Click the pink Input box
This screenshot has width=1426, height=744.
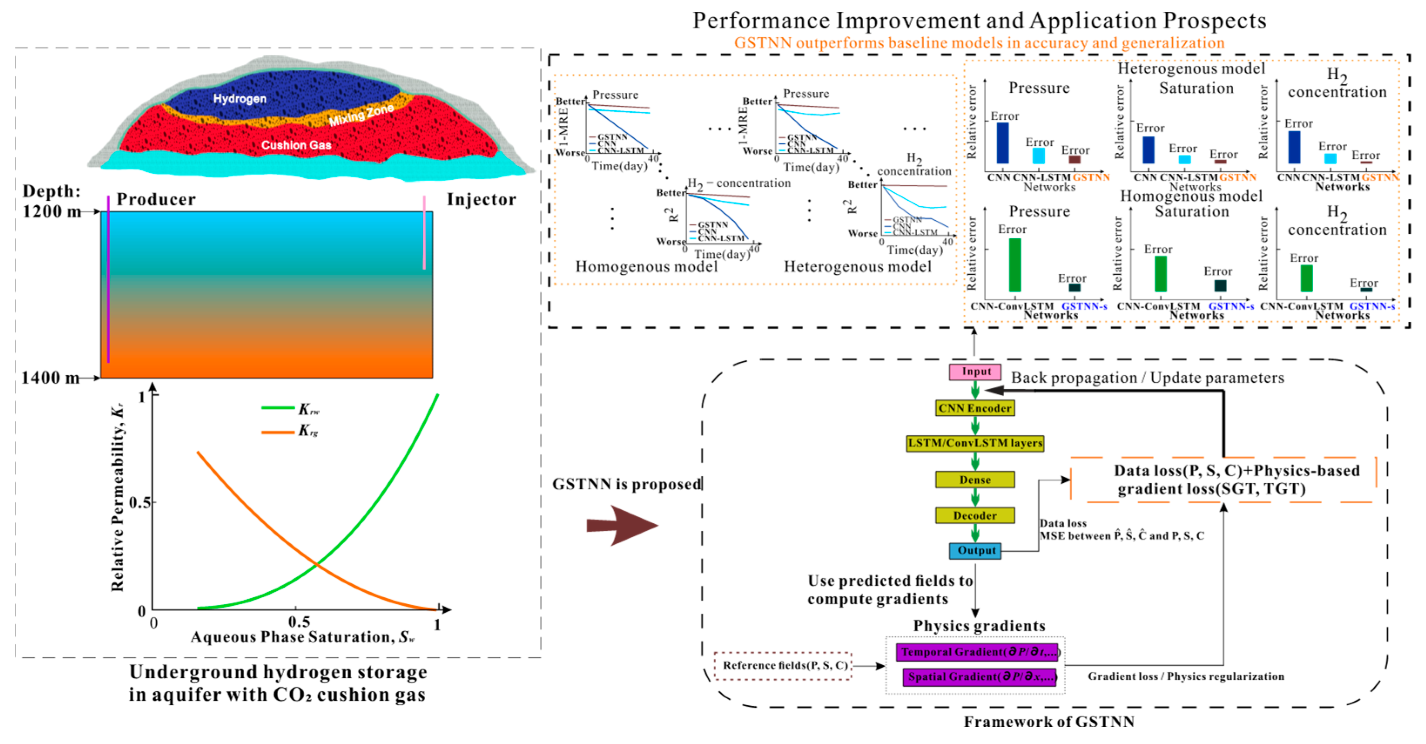pyautogui.click(x=975, y=371)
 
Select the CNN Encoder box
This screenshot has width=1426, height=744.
pyautogui.click(x=975, y=408)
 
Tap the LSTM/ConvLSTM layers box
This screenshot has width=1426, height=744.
pyautogui.click(x=975, y=444)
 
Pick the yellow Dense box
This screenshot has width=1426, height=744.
pyautogui.click(x=975, y=479)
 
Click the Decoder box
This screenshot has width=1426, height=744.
pyautogui.click(x=975, y=515)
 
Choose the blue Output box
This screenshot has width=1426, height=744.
pyautogui.click(x=975, y=550)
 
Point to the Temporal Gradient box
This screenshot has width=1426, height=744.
pyautogui.click(x=977, y=652)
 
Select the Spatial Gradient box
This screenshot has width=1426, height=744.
pyautogui.click(x=979, y=677)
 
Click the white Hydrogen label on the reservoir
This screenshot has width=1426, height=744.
pyautogui.click(x=240, y=98)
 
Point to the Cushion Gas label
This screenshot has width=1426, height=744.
pyautogui.click(x=296, y=145)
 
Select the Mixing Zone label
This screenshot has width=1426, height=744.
pyautogui.click(x=361, y=114)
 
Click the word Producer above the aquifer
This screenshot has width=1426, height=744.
pyautogui.click(x=156, y=199)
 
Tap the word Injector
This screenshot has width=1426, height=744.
pyautogui.click(x=481, y=199)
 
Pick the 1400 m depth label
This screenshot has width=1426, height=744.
pyautogui.click(x=50, y=378)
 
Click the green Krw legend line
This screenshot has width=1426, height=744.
pyautogui.click(x=277, y=408)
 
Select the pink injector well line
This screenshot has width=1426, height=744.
pyautogui.click(x=424, y=232)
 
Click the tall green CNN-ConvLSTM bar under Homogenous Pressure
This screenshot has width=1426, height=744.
pyautogui.click(x=1014, y=265)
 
